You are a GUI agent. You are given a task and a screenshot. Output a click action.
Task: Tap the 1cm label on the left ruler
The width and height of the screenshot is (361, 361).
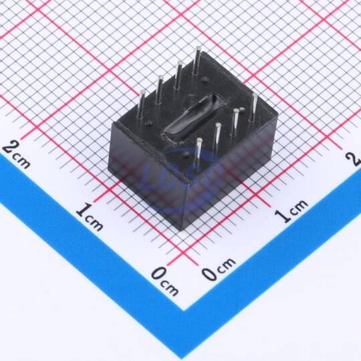[90, 217]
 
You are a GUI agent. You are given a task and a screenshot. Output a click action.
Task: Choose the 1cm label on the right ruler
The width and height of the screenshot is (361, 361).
[291, 211]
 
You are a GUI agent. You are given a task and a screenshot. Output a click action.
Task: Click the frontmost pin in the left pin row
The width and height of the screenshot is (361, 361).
[142, 106]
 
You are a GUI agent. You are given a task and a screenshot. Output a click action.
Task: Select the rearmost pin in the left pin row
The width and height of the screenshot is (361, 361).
[197, 60]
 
